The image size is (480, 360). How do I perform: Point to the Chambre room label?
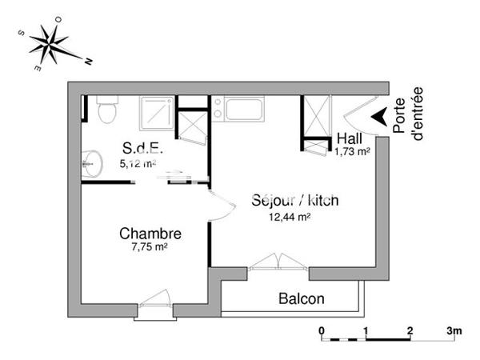pyautogui.click(x=150, y=234)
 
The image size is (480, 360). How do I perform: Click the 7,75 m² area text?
pyautogui.click(x=149, y=247)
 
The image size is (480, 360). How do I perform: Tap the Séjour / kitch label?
pyautogui.click(x=294, y=200)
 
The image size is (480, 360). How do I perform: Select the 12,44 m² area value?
pyautogui.click(x=290, y=215)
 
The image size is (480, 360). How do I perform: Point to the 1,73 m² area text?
pyautogui.click(x=352, y=150)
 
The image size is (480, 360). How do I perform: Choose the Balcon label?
pyautogui.click(x=302, y=299)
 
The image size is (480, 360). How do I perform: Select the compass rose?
pyautogui.click(x=54, y=44)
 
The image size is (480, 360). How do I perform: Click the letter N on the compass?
pyautogui.click(x=90, y=61)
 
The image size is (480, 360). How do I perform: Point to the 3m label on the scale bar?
pyautogui.click(x=455, y=330)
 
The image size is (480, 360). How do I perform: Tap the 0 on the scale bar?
pyautogui.click(x=321, y=330)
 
